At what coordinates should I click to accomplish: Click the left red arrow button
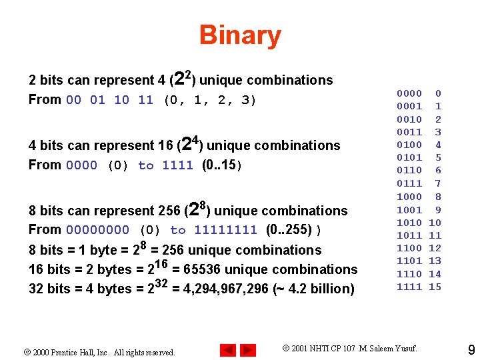(227, 349)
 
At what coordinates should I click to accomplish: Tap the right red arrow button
(248, 349)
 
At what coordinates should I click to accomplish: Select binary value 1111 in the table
(409, 287)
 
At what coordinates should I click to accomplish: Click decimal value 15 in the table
(435, 287)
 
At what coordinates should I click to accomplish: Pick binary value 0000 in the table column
(409, 93)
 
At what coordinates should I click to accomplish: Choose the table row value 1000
(409, 197)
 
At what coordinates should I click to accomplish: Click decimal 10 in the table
(435, 223)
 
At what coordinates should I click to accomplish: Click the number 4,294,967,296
(225, 289)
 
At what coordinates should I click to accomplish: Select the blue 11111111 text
(225, 231)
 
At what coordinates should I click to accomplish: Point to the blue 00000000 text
(97, 231)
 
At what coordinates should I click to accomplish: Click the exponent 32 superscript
(161, 283)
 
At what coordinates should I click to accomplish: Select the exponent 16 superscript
(161, 263)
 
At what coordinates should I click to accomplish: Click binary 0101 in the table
(409, 158)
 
